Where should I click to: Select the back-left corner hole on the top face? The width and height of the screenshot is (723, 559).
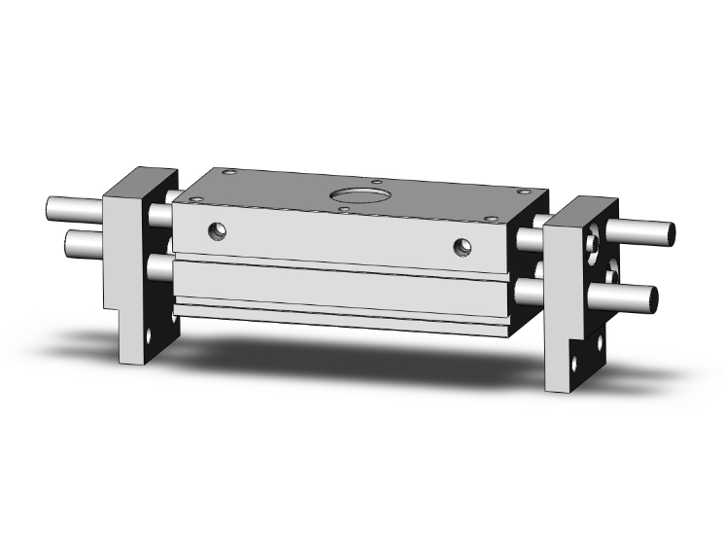pos(229,173)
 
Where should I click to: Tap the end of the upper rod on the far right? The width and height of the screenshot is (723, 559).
pos(671,232)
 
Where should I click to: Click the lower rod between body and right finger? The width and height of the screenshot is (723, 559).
pos(529,289)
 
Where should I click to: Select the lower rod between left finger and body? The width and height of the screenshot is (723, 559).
pos(161,264)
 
